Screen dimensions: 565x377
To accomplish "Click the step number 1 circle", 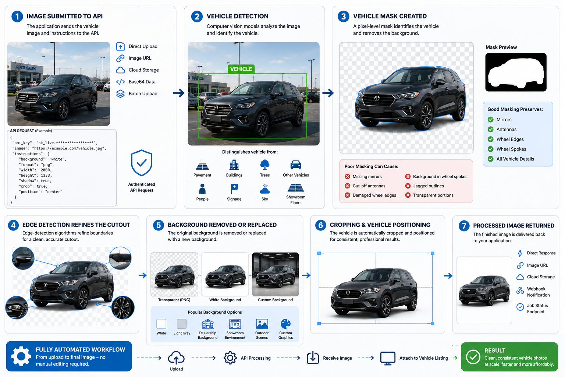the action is point(17,17).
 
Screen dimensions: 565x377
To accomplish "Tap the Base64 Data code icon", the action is point(120,82).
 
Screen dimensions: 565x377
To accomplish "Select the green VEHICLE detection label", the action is point(241,69).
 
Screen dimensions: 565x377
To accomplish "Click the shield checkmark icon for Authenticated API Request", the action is point(142,163).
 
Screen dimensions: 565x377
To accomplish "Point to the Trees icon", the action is point(264,165).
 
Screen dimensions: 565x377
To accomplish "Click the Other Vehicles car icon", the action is point(296,165).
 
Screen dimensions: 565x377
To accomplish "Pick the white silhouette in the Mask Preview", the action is point(516,73).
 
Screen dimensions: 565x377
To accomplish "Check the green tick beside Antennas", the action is point(491,129).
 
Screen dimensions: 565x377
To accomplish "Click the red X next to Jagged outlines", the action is point(408,186).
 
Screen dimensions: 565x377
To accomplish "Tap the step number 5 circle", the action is point(159,225).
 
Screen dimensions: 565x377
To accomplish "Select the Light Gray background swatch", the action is point(182,324).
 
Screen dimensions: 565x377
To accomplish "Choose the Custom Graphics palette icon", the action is point(285,324).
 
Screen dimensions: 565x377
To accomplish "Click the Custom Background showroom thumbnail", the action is point(276,274).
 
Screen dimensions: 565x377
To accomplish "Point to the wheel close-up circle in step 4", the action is point(123,307).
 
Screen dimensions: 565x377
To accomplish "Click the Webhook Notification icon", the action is point(520,290).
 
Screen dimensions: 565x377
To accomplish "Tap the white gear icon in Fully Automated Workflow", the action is point(21,356).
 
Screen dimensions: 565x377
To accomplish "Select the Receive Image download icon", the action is point(313,358).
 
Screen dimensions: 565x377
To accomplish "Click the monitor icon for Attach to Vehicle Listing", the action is point(388,358).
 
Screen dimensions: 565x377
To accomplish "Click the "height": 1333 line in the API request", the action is point(35,175).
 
